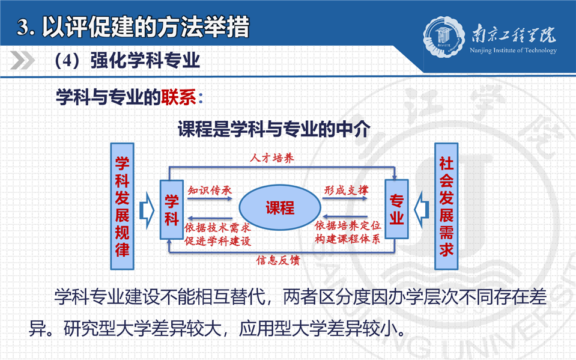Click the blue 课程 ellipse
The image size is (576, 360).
pyautogui.click(x=280, y=208)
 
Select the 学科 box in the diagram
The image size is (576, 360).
pyautogui.click(x=172, y=210)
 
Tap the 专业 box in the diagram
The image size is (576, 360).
pyautogui.click(x=396, y=209)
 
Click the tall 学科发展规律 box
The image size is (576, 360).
pyautogui.click(x=123, y=206)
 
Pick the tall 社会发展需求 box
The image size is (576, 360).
pyautogui.click(x=446, y=206)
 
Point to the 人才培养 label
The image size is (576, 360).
pyautogui.click(x=272, y=158)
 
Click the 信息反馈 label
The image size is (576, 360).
pyautogui.click(x=278, y=260)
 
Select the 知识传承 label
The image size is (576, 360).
pyautogui.click(x=210, y=190)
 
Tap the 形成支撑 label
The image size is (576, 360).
pyautogui.click(x=346, y=190)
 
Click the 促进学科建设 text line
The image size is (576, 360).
pyautogui.click(x=217, y=241)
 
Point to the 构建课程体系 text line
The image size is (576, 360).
pyautogui.click(x=348, y=239)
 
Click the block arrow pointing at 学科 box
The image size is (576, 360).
pyautogui.click(x=147, y=210)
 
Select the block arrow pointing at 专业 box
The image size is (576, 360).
pyautogui.click(x=422, y=210)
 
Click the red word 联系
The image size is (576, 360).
pyautogui.click(x=178, y=97)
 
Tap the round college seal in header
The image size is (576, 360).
pyautogui.click(x=444, y=37)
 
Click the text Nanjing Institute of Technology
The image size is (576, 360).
pyautogui.click(x=513, y=50)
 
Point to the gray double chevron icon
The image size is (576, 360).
pyautogui.click(x=23, y=60)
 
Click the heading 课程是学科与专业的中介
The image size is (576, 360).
pyautogui.click(x=274, y=129)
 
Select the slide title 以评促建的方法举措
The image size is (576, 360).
pyautogui.click(x=146, y=27)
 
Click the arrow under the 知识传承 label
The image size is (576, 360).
pyautogui.click(x=210, y=198)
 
